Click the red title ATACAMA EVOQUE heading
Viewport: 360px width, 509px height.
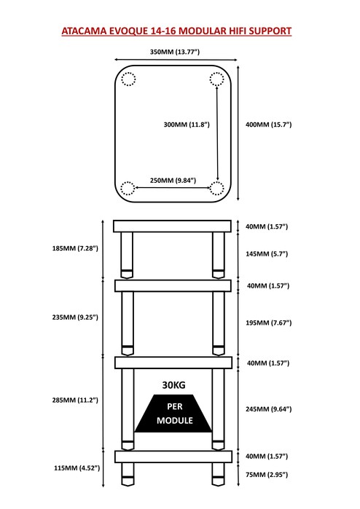click(176, 31)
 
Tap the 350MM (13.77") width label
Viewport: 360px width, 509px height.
click(175, 52)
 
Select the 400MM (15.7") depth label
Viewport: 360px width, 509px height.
click(269, 125)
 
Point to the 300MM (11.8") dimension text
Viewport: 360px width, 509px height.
click(187, 125)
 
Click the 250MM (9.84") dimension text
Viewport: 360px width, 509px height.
click(173, 181)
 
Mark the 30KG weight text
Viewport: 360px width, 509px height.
click(174, 385)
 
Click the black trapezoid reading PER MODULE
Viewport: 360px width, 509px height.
click(173, 414)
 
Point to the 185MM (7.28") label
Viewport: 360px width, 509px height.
click(75, 248)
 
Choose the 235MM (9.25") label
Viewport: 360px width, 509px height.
click(75, 317)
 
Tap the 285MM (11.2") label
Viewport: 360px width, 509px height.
click(75, 401)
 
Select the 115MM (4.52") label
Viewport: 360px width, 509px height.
click(77, 468)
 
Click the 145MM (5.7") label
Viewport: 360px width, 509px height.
click(267, 254)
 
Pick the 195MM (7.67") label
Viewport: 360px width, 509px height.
click(269, 323)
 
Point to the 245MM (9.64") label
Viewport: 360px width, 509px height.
click(269, 409)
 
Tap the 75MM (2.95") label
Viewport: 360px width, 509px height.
click(267, 475)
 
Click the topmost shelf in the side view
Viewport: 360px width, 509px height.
click(172, 226)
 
